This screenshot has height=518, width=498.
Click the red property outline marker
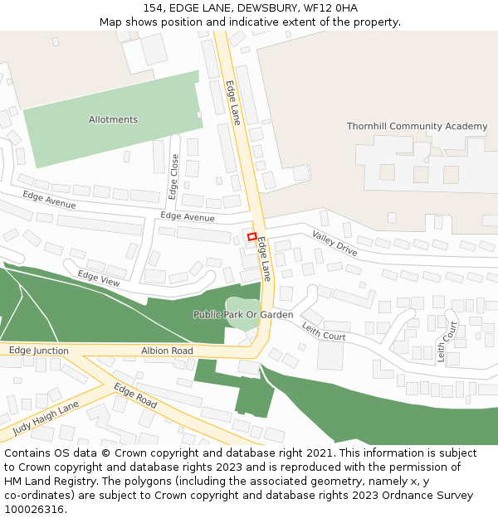(x=251, y=237)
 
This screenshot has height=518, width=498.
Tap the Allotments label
(x=113, y=119)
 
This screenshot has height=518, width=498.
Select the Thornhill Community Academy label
(x=417, y=126)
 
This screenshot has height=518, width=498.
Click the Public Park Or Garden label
(x=243, y=315)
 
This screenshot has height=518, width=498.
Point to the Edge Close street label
(x=174, y=177)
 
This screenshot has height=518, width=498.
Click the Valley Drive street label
(x=334, y=243)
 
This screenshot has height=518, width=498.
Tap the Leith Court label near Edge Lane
(x=323, y=332)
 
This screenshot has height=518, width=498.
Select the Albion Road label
(x=167, y=351)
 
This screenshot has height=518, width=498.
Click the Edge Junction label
(x=39, y=351)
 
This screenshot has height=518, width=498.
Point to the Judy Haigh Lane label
(x=46, y=418)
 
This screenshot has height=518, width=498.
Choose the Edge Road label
(x=135, y=395)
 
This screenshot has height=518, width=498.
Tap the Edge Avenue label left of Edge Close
(x=49, y=200)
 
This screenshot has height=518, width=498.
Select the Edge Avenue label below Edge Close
(x=187, y=216)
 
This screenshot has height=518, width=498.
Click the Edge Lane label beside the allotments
(x=232, y=102)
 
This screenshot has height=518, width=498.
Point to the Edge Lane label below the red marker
(x=264, y=259)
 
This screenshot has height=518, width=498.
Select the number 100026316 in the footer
(x=33, y=509)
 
